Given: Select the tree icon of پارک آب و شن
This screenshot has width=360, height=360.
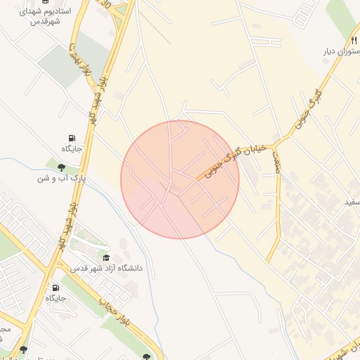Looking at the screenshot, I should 62,167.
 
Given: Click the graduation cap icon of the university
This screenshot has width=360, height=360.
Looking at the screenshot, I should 106,258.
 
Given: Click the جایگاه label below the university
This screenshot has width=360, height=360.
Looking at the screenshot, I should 56,298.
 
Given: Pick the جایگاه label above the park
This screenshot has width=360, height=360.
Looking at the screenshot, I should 72,148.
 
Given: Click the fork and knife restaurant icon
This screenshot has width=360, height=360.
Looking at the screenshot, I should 354,39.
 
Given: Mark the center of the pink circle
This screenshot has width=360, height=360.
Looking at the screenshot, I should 180,179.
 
